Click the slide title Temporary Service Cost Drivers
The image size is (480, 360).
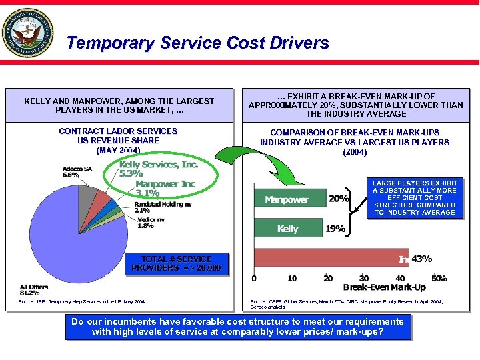coord(198,43)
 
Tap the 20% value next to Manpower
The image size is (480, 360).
coord(339,199)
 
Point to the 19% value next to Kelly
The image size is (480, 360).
coord(335,229)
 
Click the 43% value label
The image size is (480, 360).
coord(421,259)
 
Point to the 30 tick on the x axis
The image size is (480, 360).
coord(364,277)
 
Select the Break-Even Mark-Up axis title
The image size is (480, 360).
coord(384,287)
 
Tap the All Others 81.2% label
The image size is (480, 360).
coord(34,290)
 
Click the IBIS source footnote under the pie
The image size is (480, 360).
coord(81,302)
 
